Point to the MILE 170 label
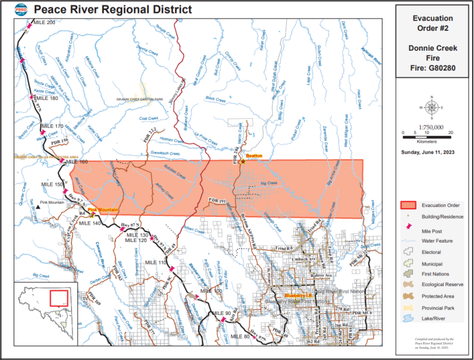52,127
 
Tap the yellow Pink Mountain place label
107,210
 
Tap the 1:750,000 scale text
431,126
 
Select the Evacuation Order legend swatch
408,205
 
